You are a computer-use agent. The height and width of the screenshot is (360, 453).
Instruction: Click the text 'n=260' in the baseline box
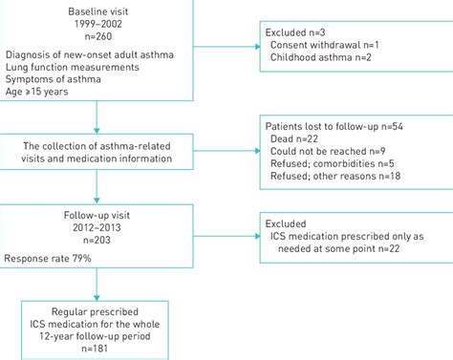[96, 33]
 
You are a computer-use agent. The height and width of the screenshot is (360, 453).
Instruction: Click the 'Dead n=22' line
[299, 139]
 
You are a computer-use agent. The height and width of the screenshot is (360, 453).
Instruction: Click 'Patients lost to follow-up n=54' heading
[346, 126]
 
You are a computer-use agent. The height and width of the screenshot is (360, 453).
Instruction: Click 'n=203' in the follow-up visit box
[96, 244]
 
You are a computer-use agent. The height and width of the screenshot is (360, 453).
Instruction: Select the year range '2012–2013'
[96, 230]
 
